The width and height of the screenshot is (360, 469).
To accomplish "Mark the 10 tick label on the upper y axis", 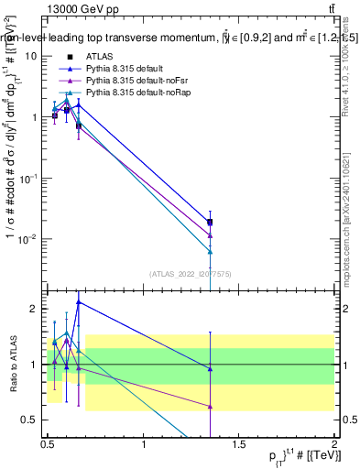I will click(x=32, y=56).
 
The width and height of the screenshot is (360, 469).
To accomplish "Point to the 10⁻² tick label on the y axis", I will click(x=29, y=240).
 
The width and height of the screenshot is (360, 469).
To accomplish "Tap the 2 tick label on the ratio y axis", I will click(x=35, y=309).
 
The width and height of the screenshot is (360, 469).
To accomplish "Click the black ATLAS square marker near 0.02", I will click(x=211, y=223).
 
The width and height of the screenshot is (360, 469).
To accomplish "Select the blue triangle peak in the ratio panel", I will click(x=79, y=301).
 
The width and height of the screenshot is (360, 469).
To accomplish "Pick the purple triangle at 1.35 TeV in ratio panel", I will click(x=211, y=406).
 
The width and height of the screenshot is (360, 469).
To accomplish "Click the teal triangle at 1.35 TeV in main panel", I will click(x=211, y=251).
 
